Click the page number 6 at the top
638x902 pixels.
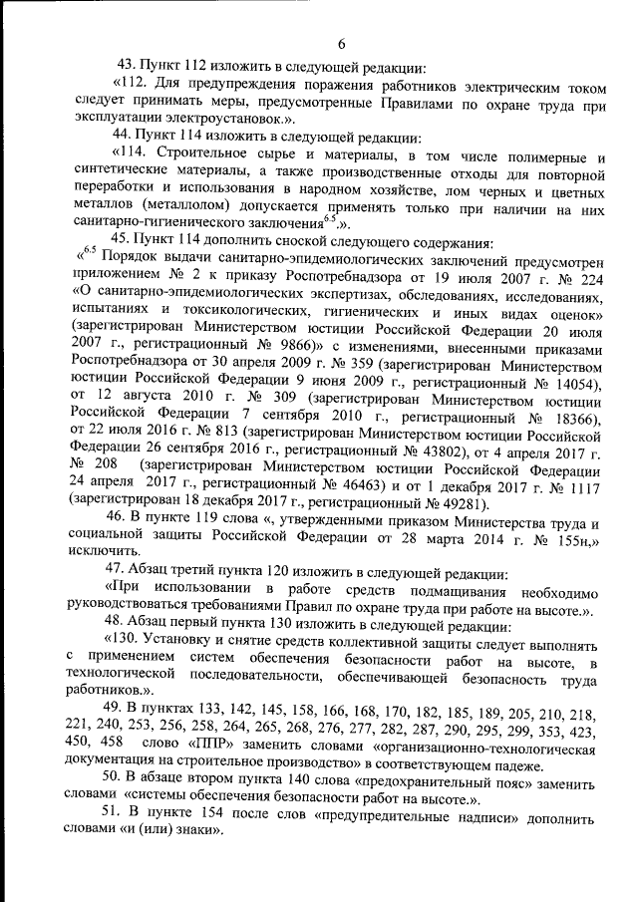[x=340, y=44]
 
